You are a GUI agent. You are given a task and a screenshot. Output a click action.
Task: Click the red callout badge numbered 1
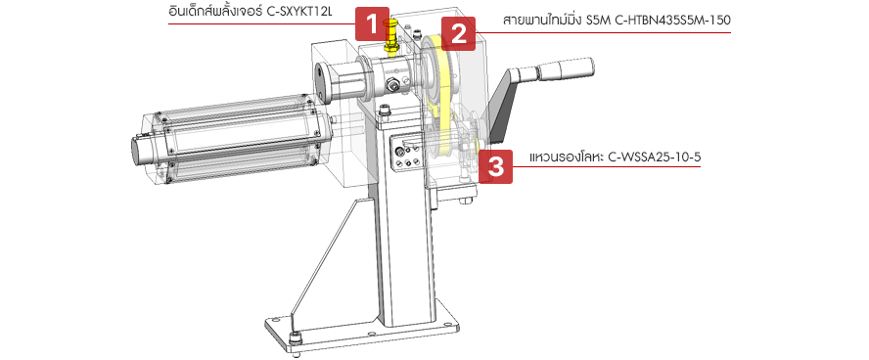tap(373, 23)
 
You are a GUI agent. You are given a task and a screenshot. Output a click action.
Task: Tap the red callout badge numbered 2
tap(459, 34)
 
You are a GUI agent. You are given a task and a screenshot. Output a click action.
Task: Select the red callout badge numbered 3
tap(495, 166)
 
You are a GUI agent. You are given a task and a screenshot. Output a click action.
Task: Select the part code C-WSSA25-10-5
tap(655, 157)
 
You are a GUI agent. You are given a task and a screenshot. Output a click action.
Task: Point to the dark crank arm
tap(503, 110)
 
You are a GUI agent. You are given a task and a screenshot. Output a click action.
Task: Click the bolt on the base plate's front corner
tap(296, 337)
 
